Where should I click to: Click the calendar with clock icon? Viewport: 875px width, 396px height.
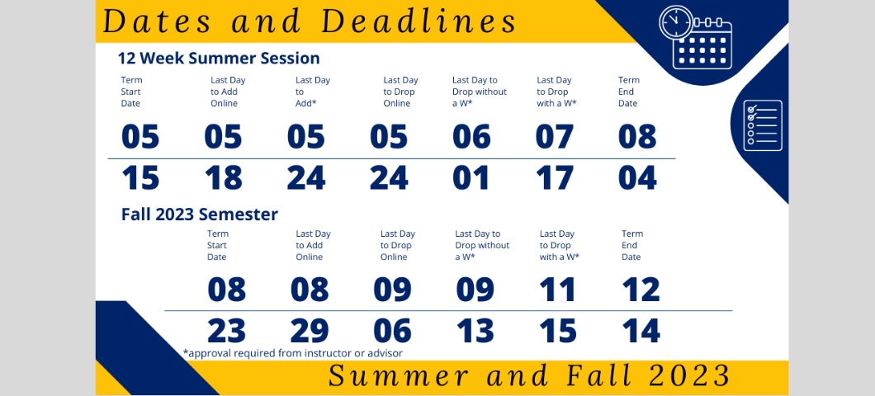click(x=695, y=38)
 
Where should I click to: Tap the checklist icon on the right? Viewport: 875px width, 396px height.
click(x=763, y=125)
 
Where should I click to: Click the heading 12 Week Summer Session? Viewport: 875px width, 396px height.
click(x=219, y=58)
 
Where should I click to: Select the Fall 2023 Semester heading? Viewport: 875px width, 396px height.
click(x=199, y=214)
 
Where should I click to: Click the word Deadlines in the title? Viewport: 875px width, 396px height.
click(x=419, y=21)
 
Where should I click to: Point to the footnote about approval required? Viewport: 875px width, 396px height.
click(x=293, y=353)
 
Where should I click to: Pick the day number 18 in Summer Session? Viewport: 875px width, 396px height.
click(x=223, y=178)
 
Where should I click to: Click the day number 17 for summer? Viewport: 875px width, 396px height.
click(x=554, y=178)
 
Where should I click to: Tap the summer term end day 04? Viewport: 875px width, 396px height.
click(x=637, y=178)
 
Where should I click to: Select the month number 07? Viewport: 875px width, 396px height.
click(x=554, y=137)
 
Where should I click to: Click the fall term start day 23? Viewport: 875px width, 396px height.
click(x=226, y=332)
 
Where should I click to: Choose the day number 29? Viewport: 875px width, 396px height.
click(x=310, y=332)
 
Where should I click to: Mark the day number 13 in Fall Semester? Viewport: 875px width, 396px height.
click(x=475, y=332)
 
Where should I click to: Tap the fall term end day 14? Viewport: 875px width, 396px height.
click(x=641, y=332)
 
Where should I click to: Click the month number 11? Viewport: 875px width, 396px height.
click(x=557, y=290)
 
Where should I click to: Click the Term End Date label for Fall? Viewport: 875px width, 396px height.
click(x=632, y=245)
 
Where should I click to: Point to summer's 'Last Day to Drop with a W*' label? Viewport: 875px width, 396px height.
click(x=556, y=92)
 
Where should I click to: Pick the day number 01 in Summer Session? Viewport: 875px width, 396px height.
click(x=471, y=178)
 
